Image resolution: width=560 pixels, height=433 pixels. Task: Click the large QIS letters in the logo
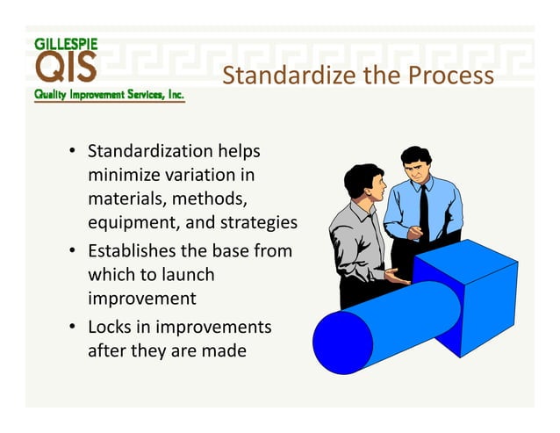point(67,67)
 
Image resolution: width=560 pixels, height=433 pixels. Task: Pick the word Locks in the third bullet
point(110,327)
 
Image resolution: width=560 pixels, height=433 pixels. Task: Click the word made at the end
point(227,350)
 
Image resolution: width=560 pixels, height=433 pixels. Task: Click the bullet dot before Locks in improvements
point(74,328)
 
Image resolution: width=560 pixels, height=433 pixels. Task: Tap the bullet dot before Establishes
point(74,251)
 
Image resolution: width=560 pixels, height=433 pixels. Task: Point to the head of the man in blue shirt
point(416,164)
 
